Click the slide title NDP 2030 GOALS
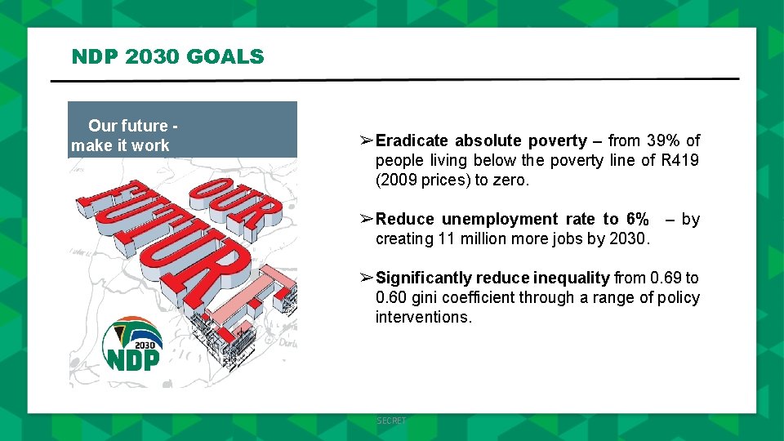(167, 56)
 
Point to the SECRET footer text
(391, 421)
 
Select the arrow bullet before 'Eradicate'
(367, 140)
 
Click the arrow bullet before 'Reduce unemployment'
(367, 219)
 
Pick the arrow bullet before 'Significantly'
(367, 278)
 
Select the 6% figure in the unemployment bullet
(637, 219)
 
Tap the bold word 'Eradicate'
(412, 140)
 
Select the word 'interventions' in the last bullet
(422, 317)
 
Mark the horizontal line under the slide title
(394, 80)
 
